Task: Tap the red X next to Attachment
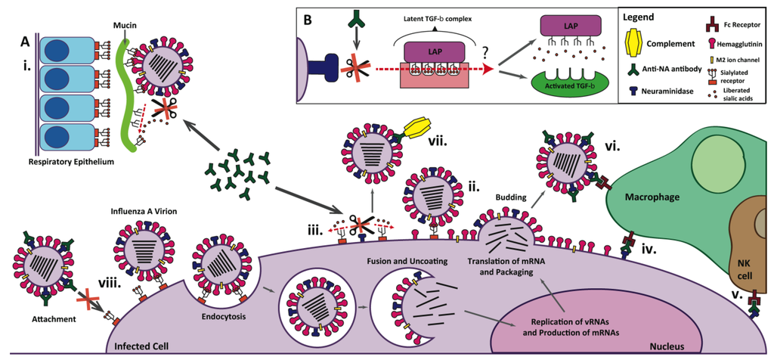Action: click(91, 302)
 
